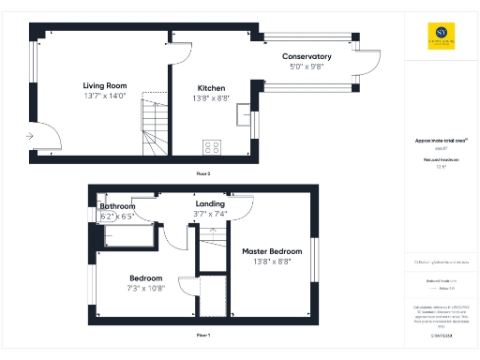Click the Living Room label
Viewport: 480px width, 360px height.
(104, 85)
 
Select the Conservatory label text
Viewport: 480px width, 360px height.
(307, 57)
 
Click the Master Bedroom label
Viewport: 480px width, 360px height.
(272, 251)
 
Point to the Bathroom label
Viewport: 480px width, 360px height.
(118, 206)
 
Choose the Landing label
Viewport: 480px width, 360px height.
(209, 203)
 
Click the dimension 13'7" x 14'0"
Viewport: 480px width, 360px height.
(104, 96)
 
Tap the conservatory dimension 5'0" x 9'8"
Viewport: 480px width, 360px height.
(307, 67)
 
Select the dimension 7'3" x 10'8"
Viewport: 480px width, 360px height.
(145, 288)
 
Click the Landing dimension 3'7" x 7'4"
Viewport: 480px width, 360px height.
(210, 214)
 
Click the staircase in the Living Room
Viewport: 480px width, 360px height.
(153, 126)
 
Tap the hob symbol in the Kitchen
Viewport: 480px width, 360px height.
(212, 147)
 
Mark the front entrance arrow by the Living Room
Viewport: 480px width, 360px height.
(32, 136)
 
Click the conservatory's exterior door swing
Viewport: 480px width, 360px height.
(368, 64)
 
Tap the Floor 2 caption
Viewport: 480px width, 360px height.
(203, 174)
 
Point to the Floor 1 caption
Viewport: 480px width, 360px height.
(202, 335)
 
